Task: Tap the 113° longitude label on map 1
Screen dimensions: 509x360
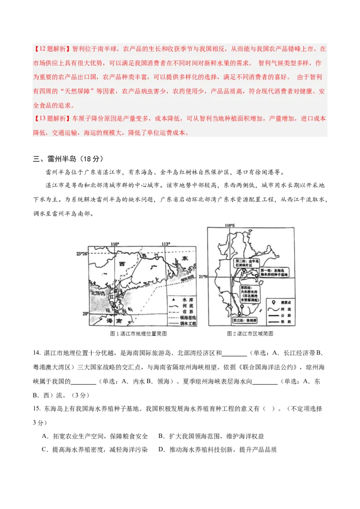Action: (166, 244)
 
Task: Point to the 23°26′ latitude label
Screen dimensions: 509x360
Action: (81, 254)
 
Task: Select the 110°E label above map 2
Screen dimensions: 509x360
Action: (229, 225)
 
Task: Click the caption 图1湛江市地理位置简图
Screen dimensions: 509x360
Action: (139, 334)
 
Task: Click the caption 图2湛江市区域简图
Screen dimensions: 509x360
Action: (250, 334)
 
